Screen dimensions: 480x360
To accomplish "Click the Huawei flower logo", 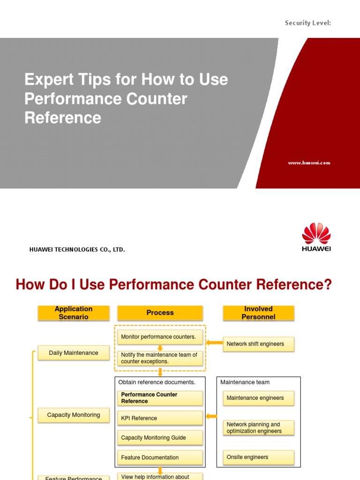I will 316,233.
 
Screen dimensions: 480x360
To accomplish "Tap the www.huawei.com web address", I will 309,163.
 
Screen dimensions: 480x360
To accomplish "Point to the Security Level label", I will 308,22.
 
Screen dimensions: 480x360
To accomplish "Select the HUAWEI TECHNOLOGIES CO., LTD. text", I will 77,250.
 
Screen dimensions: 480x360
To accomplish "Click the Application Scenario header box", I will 74,313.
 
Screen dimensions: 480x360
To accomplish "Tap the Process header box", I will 160,313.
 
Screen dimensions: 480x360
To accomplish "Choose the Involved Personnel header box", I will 258,313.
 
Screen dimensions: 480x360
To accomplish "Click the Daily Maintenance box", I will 74,353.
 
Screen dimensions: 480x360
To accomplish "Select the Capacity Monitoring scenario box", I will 74,415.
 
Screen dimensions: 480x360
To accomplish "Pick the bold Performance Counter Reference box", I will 159,398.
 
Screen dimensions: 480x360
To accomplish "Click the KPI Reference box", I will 159,418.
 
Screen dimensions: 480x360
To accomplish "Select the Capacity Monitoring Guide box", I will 159,438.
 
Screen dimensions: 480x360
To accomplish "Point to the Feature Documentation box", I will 159,457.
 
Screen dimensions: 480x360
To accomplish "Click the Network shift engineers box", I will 258,344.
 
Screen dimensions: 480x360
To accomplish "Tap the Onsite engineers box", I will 258,457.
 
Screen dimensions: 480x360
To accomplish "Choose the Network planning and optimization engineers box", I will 258,427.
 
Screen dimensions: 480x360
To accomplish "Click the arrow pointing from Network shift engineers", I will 214,343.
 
